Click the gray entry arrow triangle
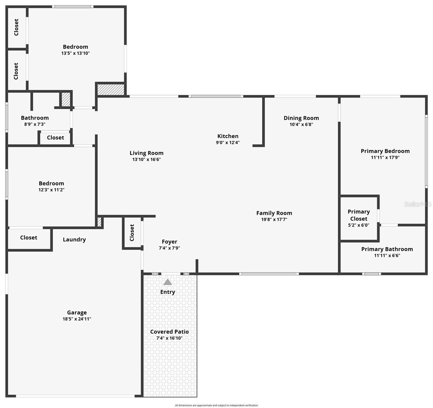[x=168, y=282]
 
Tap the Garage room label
[x=77, y=312]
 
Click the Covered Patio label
[x=169, y=331]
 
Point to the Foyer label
[x=169, y=242]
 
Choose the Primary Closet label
[x=359, y=215]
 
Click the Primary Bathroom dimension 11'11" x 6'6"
[x=387, y=256]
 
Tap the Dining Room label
[x=301, y=118]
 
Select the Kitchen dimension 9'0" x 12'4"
[x=228, y=143]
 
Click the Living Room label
[x=146, y=153]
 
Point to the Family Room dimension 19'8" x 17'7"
[x=274, y=220]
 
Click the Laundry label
[x=74, y=239]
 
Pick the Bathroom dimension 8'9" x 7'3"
[x=35, y=124]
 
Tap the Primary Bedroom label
[x=385, y=151]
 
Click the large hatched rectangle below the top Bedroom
[x=110, y=90]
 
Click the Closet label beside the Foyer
[x=132, y=233]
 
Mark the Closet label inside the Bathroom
[x=55, y=138]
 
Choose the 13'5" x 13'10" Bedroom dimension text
[x=75, y=53]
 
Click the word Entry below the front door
[x=168, y=292]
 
